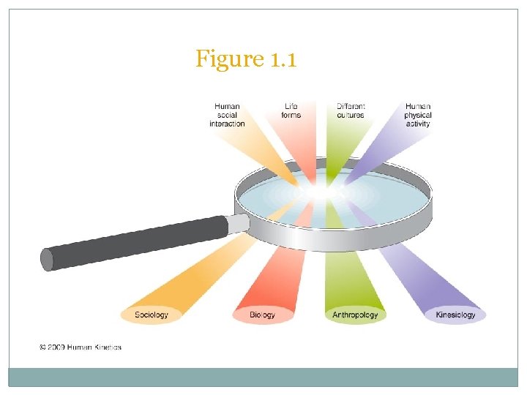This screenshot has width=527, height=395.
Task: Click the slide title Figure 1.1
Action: pyautogui.click(x=246, y=59)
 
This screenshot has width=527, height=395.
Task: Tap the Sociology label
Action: pyautogui.click(x=152, y=315)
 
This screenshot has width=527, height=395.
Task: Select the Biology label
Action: pyautogui.click(x=263, y=315)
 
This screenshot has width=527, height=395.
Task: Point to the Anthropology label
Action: pyautogui.click(x=355, y=315)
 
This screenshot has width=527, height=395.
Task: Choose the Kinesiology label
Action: pyautogui.click(x=455, y=315)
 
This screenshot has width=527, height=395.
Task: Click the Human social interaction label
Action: pyautogui.click(x=227, y=115)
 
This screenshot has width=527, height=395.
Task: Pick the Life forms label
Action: pyautogui.click(x=291, y=111)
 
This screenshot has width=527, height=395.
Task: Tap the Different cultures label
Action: pyautogui.click(x=351, y=111)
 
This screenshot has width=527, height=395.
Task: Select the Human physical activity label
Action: pyautogui.click(x=418, y=115)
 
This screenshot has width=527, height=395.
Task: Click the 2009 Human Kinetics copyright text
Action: pyautogui.click(x=81, y=347)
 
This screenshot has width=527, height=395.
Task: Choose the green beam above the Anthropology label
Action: pyautogui.click(x=350, y=278)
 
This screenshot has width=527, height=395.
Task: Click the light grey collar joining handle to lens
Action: pyautogui.click(x=239, y=222)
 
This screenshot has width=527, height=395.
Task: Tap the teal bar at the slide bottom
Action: pyautogui.click(x=263, y=377)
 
